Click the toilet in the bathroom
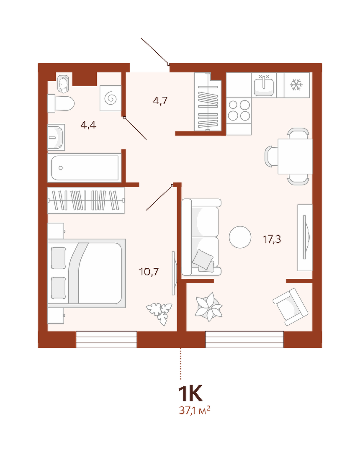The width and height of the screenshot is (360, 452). pos(61,103)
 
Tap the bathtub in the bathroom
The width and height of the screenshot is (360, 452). pos(85,168)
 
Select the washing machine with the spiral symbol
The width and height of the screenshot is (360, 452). pos(111,98)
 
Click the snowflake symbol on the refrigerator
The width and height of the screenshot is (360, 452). pos(296,85)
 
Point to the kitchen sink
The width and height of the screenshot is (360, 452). pos(263,85)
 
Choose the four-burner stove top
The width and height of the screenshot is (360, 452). pos(239,110)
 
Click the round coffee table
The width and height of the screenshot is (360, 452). pos(240,237)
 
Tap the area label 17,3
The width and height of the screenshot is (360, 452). pos(272,239)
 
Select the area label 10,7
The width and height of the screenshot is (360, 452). pos(149,272)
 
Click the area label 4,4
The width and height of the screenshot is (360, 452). pos(88,125)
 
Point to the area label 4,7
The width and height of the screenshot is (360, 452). pos(160,100)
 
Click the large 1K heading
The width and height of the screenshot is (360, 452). pos(190,393)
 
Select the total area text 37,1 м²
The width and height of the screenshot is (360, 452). pos(195,410)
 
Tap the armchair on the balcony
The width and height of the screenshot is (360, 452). pos(291,307)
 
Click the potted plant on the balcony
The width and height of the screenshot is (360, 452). pos(208,307)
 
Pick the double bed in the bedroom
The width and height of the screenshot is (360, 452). pos(87,273)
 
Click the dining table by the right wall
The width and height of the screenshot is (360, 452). pos(295,157)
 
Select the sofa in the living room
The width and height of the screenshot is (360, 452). pos(201,237)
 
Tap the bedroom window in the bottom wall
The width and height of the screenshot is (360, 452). pos(106,339)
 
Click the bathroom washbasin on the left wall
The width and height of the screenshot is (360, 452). pos(56,137)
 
